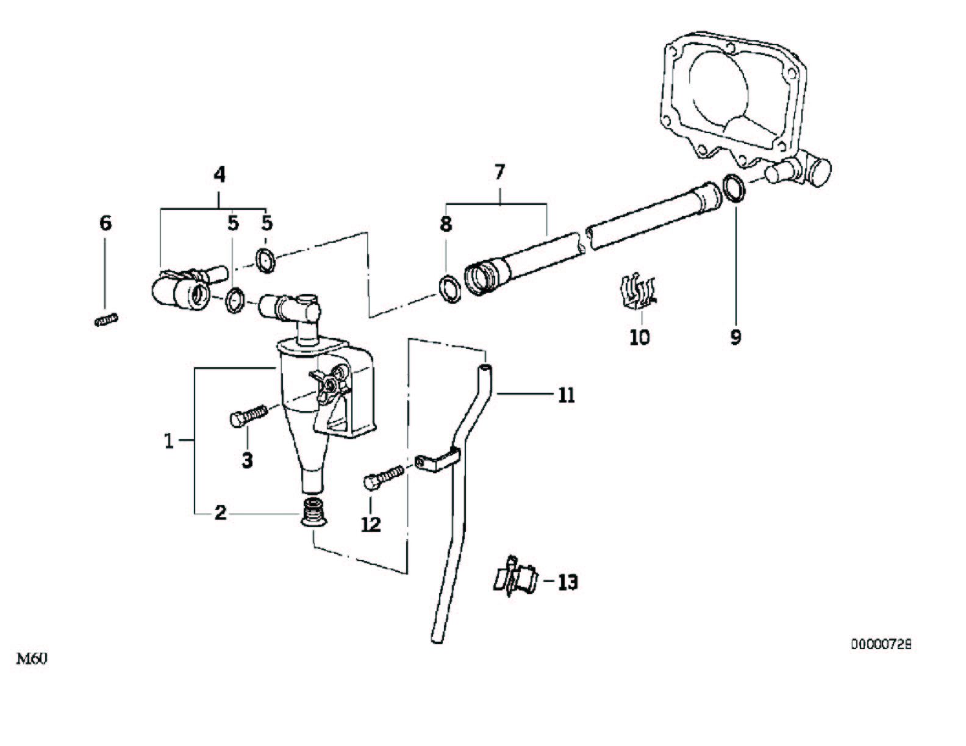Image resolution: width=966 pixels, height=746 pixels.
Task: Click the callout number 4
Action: point(219,174)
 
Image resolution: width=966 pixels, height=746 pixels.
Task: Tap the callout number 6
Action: point(106,223)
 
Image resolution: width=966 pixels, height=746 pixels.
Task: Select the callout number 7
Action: point(499,172)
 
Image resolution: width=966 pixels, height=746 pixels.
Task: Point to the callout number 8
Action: point(446,224)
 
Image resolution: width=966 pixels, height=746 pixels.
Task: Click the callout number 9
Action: point(735,337)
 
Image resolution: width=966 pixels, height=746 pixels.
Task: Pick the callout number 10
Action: point(640,337)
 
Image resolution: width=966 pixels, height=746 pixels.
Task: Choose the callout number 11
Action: point(567,395)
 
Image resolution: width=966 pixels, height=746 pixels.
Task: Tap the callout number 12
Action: point(371,525)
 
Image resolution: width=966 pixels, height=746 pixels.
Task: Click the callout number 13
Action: point(568,582)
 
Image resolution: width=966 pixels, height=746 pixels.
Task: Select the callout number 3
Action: point(247,460)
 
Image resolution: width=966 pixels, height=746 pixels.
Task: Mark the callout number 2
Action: point(221,513)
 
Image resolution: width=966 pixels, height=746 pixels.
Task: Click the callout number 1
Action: point(169,441)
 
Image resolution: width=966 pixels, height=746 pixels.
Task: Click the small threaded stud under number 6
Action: point(107,320)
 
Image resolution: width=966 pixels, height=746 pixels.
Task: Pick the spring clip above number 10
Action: point(639,291)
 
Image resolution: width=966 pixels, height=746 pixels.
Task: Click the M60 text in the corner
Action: point(32,658)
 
